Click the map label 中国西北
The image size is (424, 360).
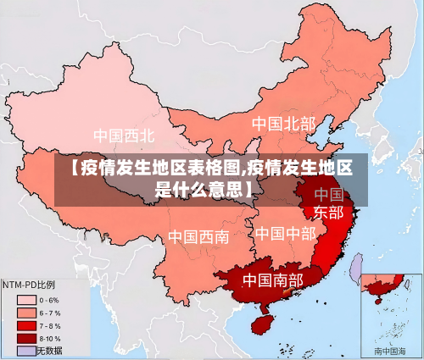124,136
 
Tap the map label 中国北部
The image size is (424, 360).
283,124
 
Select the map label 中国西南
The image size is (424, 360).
198,236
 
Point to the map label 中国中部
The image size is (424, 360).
285,233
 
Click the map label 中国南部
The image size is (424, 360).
272,279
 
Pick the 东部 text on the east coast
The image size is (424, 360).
328,212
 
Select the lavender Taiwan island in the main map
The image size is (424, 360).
357,269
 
